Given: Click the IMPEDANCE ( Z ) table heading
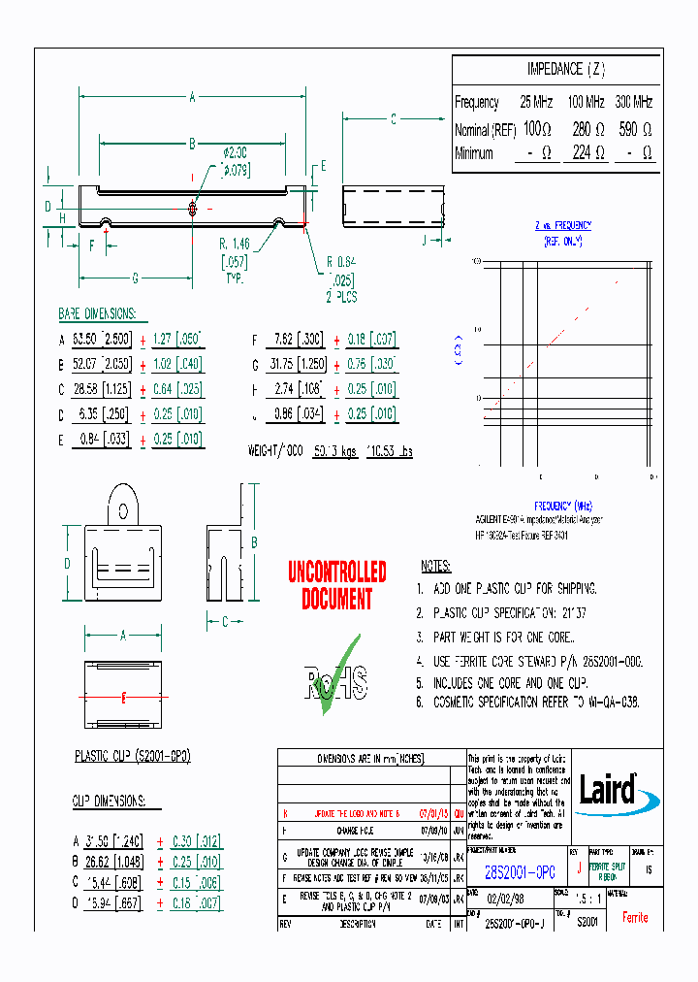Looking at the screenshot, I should coord(565,69).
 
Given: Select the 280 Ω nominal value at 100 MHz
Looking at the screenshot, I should coord(588,128).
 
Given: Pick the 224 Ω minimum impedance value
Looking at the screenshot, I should coord(588,153).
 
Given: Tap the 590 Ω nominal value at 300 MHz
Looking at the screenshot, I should coord(635,128).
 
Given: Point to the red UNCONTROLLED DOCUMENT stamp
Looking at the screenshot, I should coord(336,585).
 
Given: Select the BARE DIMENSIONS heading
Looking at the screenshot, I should coord(97,315).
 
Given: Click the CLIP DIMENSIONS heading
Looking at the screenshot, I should coord(109,801).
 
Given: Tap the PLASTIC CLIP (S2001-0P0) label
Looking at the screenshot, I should coord(133,756).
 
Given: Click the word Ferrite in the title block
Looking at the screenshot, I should coord(635,917).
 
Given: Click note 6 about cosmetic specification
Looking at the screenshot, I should coord(528,702).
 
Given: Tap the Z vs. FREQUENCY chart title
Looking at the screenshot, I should coord(563,224).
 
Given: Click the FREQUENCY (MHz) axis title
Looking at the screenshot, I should coord(562,507).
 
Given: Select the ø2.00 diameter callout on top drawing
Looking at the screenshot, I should coord(236,152).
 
